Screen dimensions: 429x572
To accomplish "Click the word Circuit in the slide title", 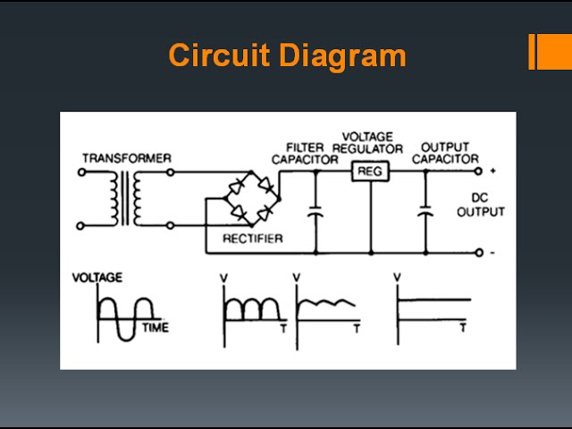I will (x=218, y=55).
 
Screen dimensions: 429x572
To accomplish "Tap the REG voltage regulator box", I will (x=369, y=172).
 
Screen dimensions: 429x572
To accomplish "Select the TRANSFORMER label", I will (x=126, y=158).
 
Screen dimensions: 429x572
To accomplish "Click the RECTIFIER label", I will (x=253, y=239).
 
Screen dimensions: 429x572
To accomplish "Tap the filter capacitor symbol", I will (x=315, y=214).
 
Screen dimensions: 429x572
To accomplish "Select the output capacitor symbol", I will (x=425, y=214).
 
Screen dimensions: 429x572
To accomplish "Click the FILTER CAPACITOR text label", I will (x=305, y=153).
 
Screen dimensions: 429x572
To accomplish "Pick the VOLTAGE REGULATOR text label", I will (x=368, y=142).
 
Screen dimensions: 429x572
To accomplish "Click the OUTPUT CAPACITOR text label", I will (x=445, y=153).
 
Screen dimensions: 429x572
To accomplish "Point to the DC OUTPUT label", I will (x=481, y=206).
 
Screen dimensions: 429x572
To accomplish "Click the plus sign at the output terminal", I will (x=492, y=171).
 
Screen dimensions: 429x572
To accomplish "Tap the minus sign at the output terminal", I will (x=492, y=254).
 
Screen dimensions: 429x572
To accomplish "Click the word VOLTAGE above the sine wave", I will (x=97, y=278).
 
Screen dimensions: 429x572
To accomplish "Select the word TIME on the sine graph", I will (x=155, y=328).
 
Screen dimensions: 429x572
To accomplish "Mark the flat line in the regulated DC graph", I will (x=434, y=299).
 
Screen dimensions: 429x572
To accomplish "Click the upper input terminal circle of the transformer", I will (x=82, y=172).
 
